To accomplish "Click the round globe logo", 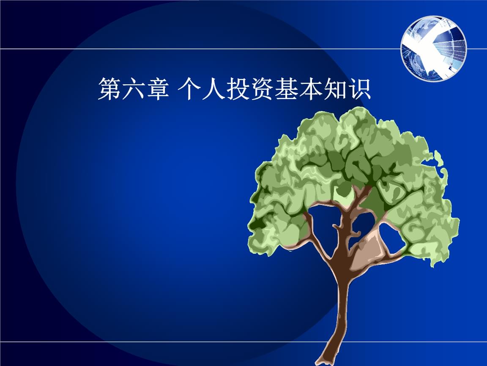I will click(434, 48).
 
